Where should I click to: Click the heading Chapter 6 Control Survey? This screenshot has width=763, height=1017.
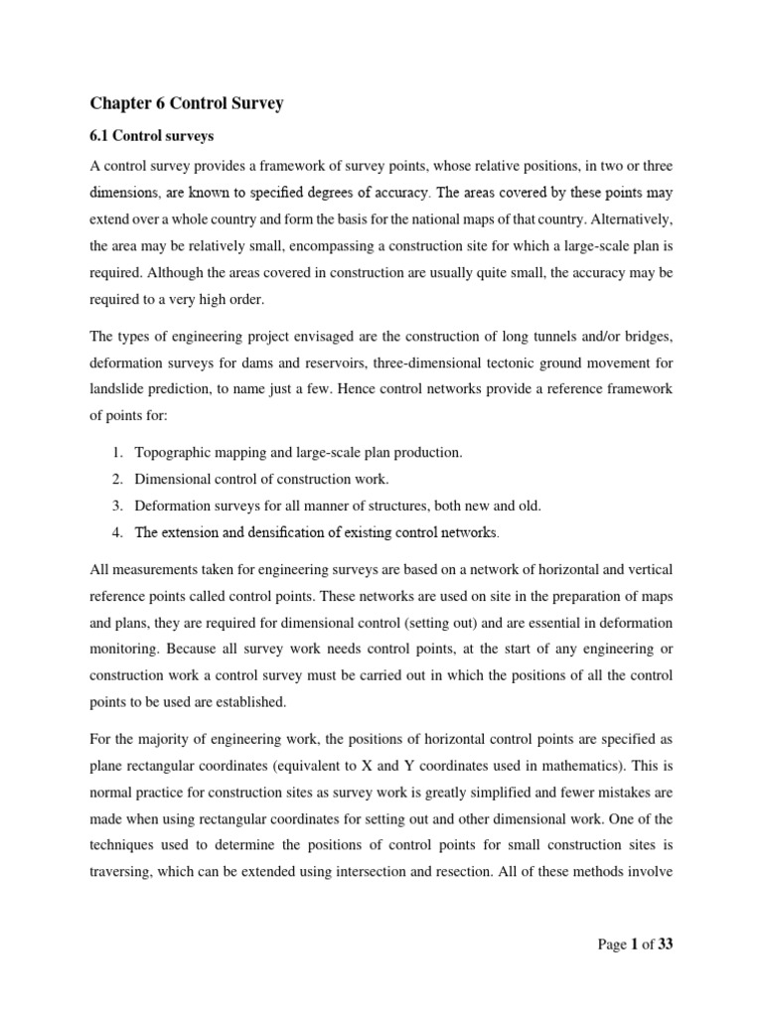pos(187,104)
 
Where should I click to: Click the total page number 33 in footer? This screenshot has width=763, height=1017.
pos(665,944)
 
